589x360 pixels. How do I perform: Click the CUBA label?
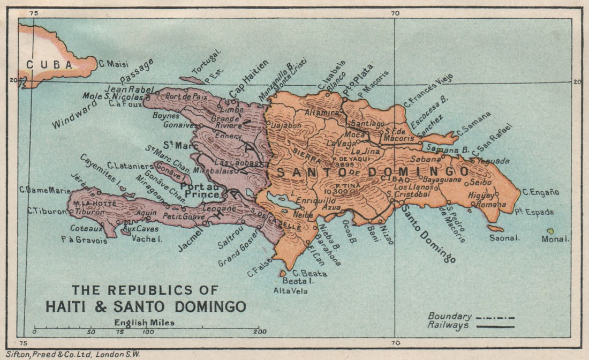coord(49,65)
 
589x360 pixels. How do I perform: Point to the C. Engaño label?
coord(541,192)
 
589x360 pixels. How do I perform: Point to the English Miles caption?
coord(144,322)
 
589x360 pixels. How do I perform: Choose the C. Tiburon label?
coord(47,211)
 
